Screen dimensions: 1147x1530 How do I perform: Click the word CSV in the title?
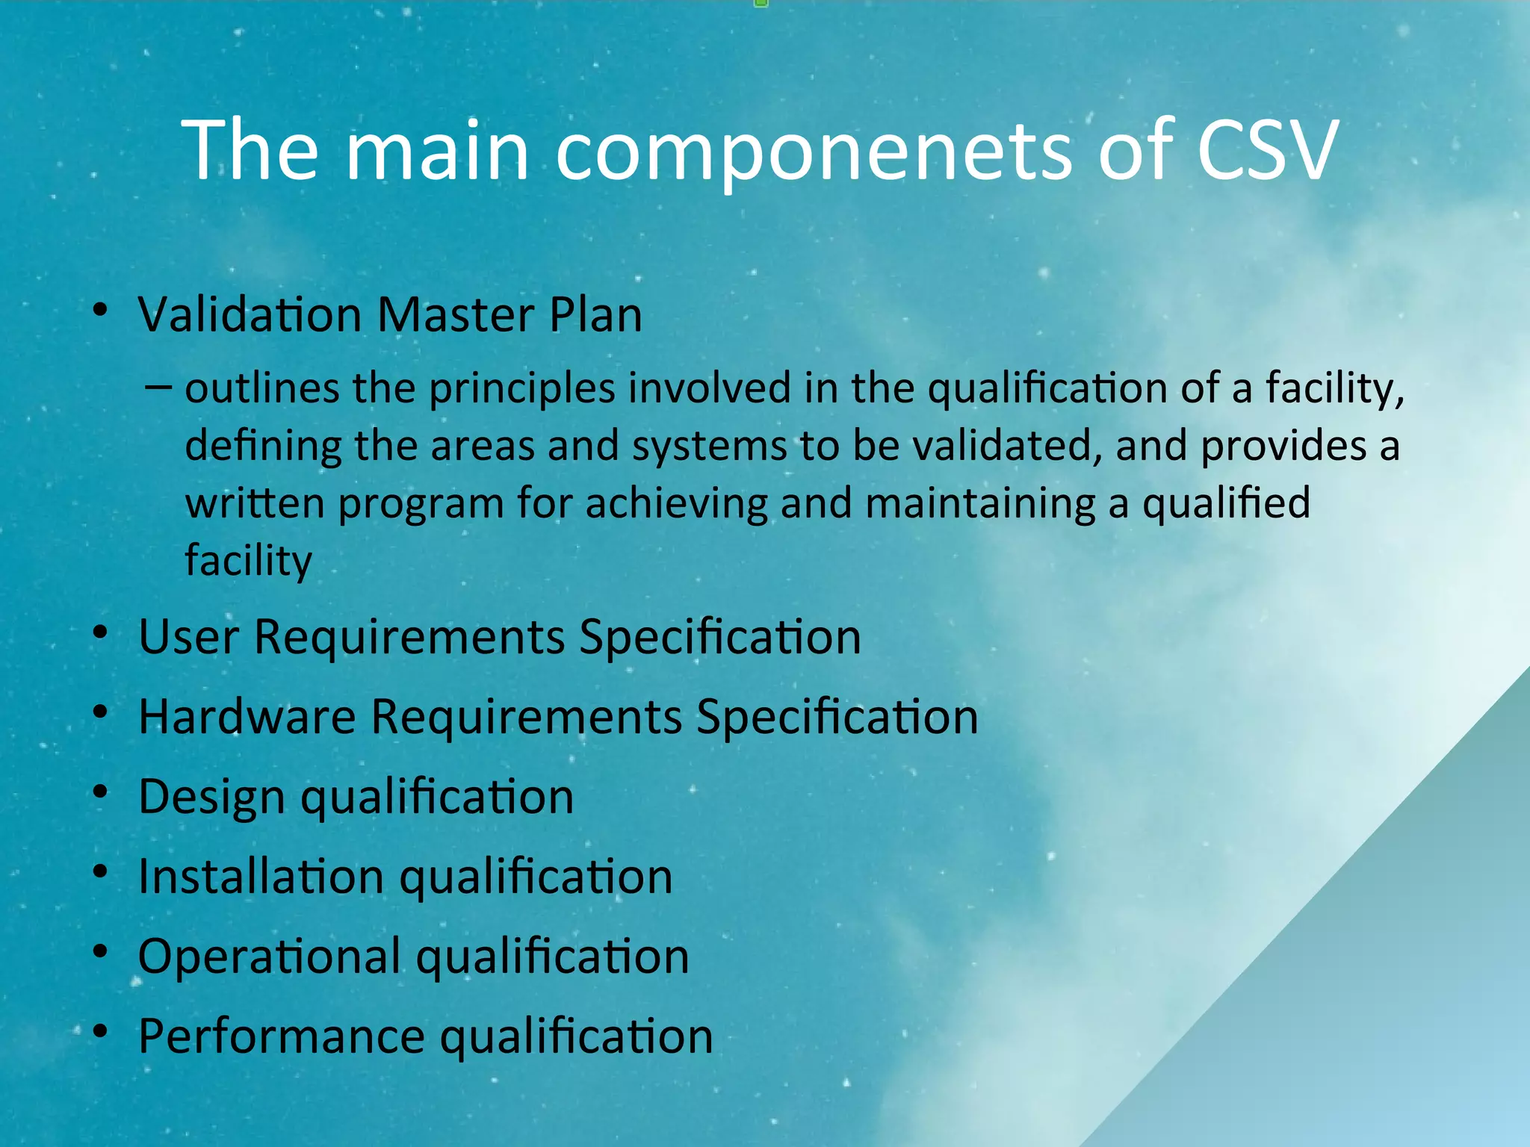(x=1266, y=151)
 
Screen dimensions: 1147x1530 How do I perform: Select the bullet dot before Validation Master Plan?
(x=101, y=310)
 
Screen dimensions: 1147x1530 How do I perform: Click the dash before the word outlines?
(x=158, y=388)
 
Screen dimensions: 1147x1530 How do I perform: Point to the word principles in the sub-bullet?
(x=521, y=389)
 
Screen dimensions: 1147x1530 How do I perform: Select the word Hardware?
(x=247, y=717)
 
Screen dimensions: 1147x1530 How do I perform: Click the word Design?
(x=211, y=798)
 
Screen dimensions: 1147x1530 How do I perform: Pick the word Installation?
(x=261, y=877)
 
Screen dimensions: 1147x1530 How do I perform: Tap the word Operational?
(x=269, y=957)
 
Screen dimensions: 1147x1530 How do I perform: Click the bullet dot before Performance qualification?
(x=101, y=1032)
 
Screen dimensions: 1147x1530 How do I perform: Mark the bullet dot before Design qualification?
(x=101, y=792)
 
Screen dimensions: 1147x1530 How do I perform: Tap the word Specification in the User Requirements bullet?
(x=719, y=637)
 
